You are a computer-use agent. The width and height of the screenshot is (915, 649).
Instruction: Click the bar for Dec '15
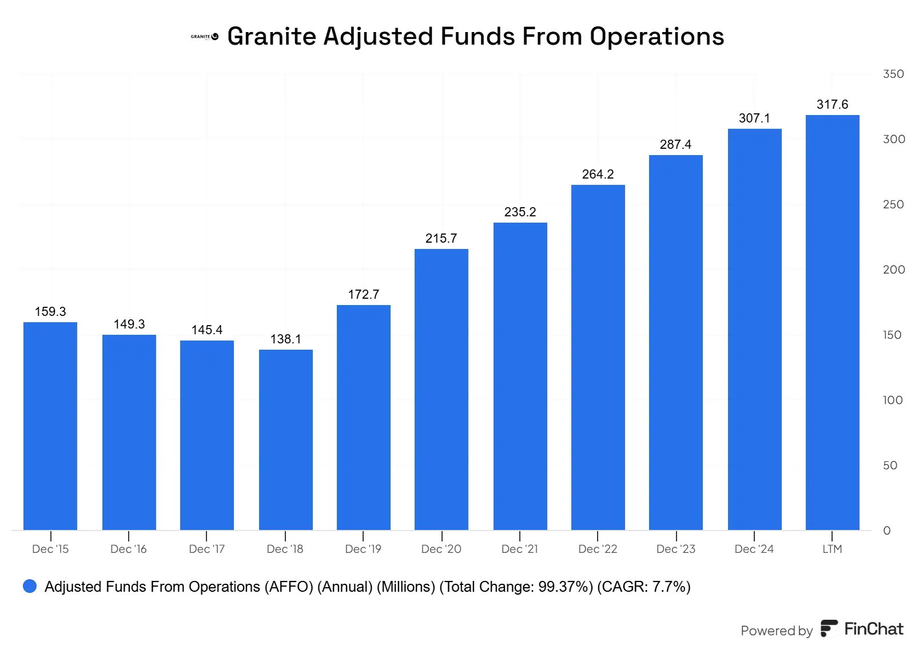(50, 426)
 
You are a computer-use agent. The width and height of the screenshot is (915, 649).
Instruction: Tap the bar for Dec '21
(520, 376)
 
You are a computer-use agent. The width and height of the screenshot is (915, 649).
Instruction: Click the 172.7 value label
(364, 294)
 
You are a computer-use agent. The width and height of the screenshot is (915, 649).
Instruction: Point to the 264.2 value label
(598, 174)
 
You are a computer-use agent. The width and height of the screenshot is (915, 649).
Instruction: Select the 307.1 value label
(754, 118)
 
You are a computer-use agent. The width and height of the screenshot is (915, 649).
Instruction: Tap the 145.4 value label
(207, 330)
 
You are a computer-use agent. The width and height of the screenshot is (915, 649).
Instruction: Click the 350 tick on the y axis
(893, 74)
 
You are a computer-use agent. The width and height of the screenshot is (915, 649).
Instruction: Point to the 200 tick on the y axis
(893, 270)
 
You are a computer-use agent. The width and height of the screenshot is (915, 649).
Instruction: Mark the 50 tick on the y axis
(890, 465)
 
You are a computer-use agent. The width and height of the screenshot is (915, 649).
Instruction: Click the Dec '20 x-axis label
(441, 549)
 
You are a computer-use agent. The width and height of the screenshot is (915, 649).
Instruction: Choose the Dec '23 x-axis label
(675, 549)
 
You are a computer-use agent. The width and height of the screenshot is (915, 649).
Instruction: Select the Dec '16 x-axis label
(128, 549)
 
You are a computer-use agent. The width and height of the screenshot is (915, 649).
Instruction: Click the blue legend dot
(30, 586)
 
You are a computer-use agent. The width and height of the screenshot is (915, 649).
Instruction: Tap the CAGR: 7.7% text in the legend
(643, 587)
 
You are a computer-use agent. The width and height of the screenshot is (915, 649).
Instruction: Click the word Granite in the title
(272, 36)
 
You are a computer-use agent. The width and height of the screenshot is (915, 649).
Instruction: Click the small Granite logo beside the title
(204, 37)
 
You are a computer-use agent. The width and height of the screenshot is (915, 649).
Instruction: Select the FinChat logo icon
(829, 628)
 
